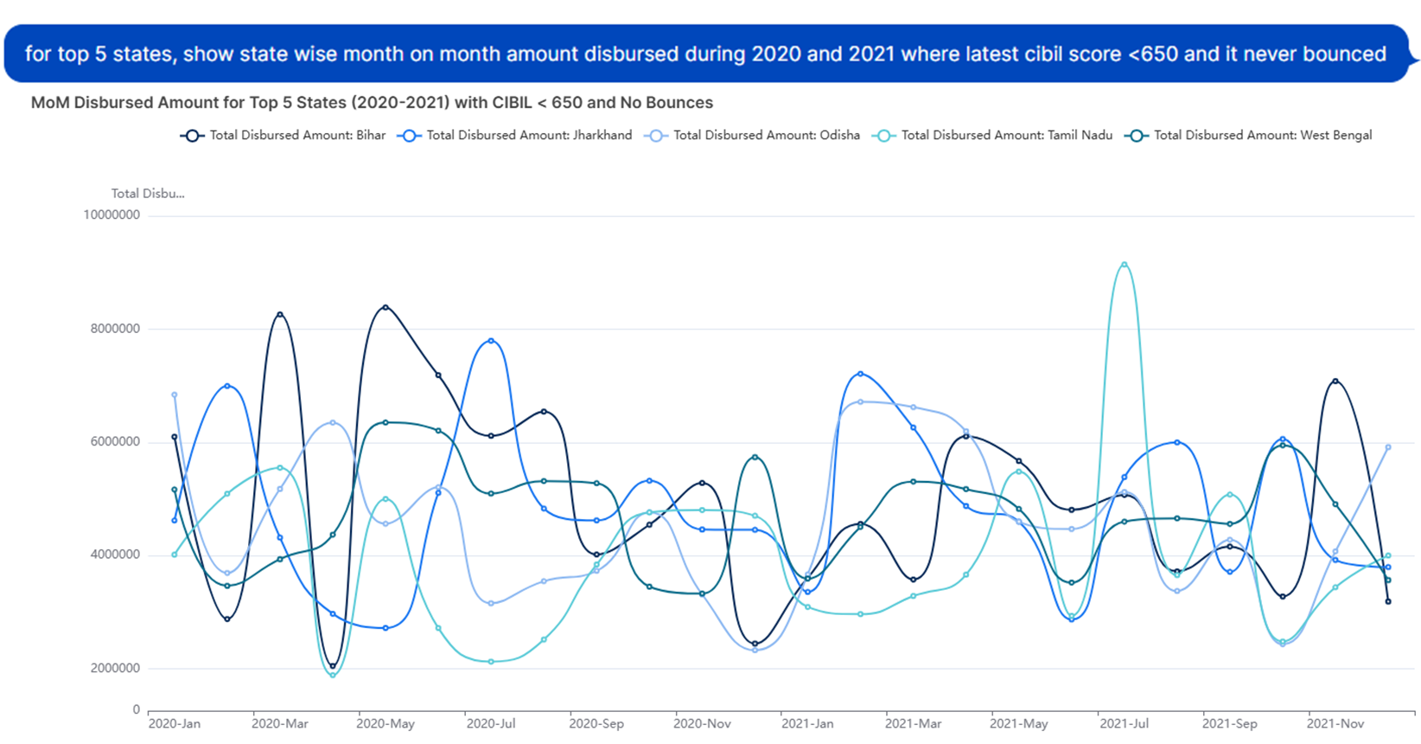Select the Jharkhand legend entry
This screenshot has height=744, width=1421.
(515, 136)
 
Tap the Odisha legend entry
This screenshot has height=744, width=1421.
(753, 136)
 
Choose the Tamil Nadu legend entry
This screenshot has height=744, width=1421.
(993, 136)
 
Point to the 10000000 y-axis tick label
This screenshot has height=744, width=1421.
(112, 215)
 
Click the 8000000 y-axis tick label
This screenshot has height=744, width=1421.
(115, 329)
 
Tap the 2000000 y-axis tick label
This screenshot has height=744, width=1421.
(115, 669)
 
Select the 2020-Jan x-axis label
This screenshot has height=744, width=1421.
(175, 724)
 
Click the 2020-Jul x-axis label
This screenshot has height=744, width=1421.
(491, 724)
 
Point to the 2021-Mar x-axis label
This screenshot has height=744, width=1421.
(914, 724)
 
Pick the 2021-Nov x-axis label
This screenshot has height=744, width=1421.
(1335, 724)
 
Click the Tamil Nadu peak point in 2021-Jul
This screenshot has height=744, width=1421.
(1125, 265)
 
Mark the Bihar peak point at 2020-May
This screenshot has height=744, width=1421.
(386, 307)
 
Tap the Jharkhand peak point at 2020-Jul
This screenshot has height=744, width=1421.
(491, 341)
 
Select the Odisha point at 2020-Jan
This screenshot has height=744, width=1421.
(175, 395)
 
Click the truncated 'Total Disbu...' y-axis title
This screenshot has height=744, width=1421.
(148, 194)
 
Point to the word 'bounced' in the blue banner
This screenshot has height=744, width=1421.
(1344, 54)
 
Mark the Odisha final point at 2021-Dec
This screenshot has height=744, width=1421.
(1388, 447)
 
